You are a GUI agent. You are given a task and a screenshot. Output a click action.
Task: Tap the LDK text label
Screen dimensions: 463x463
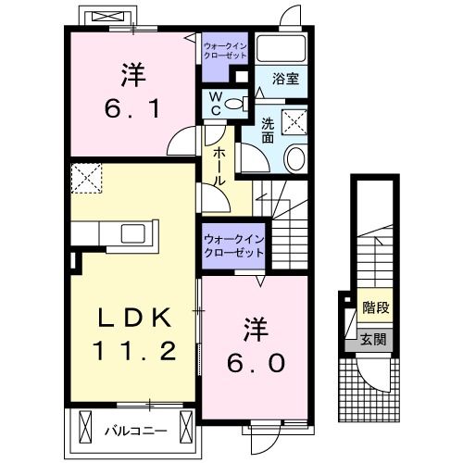point(135,318)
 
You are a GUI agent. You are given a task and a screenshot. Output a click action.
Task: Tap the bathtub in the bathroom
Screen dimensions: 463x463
point(283,48)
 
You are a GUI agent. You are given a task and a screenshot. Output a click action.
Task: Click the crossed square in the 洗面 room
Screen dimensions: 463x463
point(296,119)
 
